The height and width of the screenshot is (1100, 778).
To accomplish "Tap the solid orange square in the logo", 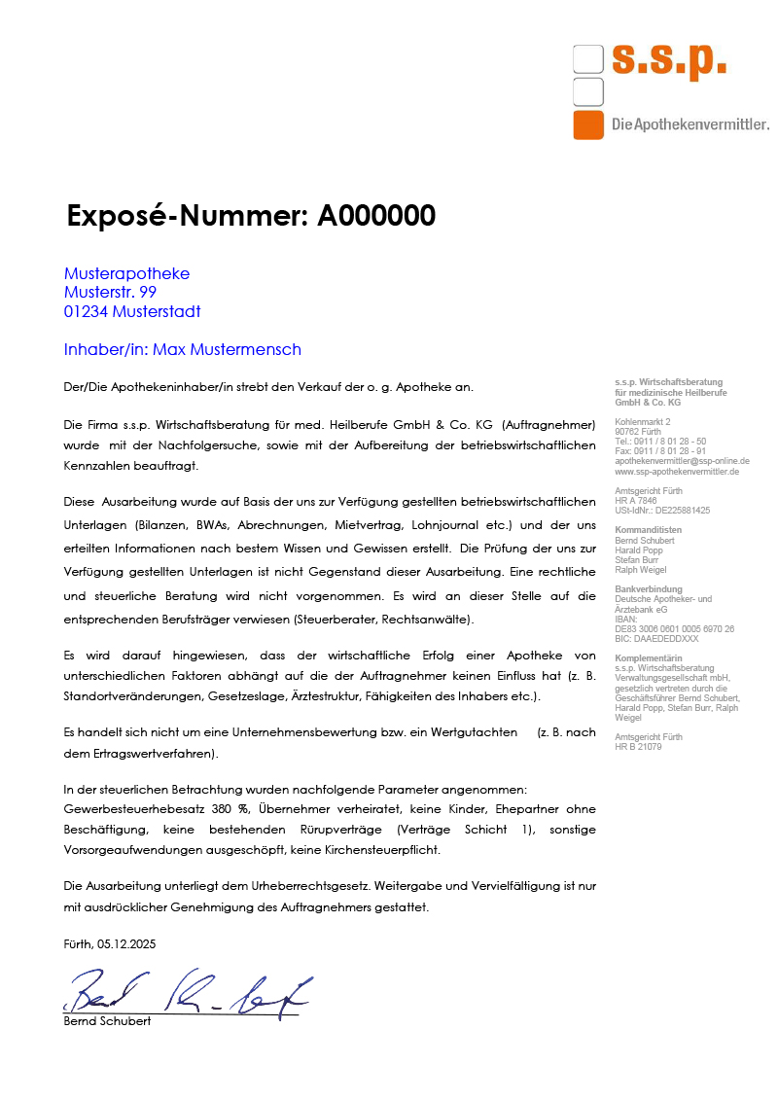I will click(x=588, y=125).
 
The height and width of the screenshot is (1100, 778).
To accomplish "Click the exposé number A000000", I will click(x=376, y=216).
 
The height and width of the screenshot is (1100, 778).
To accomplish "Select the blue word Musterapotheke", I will click(x=126, y=273).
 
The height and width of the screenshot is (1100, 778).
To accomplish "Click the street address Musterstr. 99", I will click(x=110, y=292).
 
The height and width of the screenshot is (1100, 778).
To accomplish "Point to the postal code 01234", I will click(x=87, y=311).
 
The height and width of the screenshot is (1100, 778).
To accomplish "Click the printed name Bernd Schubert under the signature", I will click(x=107, y=1021).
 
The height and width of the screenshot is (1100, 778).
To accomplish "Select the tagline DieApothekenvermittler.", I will click(x=690, y=124).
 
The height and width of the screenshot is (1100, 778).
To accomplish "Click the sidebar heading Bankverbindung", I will click(x=649, y=589).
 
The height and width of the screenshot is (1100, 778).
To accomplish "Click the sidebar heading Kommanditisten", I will click(x=648, y=529).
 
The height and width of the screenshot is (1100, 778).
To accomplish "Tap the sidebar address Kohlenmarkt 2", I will click(x=643, y=422).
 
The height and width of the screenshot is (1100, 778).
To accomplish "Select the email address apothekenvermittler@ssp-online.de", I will click(x=682, y=461).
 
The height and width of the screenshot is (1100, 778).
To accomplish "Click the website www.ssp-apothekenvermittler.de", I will click(x=677, y=471).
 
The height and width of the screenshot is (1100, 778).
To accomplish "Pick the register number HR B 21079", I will click(x=638, y=747).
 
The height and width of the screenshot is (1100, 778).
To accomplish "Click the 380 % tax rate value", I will click(x=230, y=808).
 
